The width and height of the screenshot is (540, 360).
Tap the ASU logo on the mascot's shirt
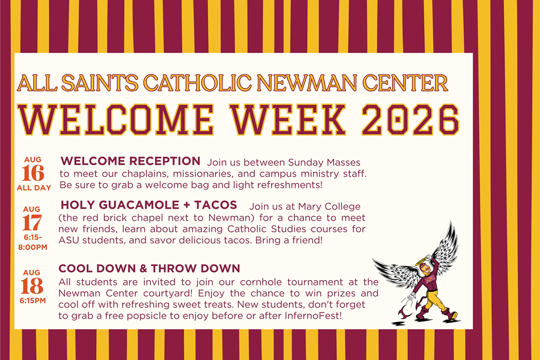pyautogui.click(x=430, y=279)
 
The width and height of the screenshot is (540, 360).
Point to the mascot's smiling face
pyautogui.click(x=426, y=270)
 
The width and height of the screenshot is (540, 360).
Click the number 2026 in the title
pyautogui.click(x=410, y=119)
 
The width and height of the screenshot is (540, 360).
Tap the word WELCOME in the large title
pyautogui.click(x=116, y=119)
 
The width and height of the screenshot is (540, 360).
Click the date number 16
pyautogui.click(x=33, y=173)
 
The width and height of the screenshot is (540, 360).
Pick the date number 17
pyautogui.click(x=32, y=223)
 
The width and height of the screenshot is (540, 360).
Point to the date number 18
pyautogui.click(x=32, y=286)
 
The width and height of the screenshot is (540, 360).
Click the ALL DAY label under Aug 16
pyautogui.click(x=34, y=188)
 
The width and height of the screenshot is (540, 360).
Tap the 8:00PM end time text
pyautogui.click(x=33, y=247)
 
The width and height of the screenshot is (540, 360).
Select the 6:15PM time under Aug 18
pyautogui.click(x=33, y=301)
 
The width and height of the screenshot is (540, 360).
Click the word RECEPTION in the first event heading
pyautogui.click(x=165, y=161)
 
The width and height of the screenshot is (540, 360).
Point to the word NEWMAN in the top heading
pyautogui.click(x=307, y=83)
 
